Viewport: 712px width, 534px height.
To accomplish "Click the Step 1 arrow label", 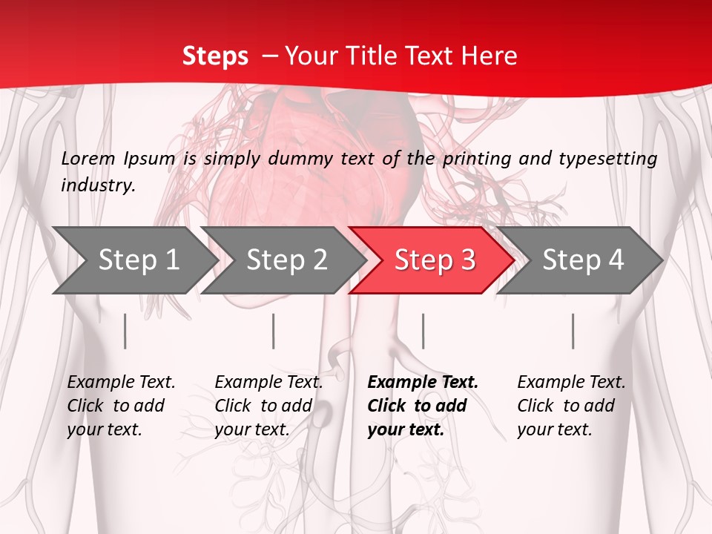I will coord(139,260).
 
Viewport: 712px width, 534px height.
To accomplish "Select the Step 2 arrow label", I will coord(286,260).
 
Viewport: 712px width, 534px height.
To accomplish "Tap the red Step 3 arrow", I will coord(435,260).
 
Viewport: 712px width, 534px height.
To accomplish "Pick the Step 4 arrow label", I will coord(583,260).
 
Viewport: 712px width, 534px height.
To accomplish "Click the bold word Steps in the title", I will coord(215,56).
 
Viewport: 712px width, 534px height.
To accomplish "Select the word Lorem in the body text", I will coord(88,158).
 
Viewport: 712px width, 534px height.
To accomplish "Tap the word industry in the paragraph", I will coord(97,185).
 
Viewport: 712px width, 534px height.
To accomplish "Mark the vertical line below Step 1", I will coord(125,331).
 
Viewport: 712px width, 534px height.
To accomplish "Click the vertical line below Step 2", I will coord(274,331).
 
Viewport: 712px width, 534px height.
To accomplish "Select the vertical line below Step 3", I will coord(423,331).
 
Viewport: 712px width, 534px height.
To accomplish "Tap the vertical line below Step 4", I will coord(573,331).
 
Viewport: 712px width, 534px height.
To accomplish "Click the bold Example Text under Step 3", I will coord(423,382).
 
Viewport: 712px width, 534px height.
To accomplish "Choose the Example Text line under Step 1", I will coord(121,382).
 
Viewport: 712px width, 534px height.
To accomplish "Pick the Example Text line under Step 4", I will coord(571,382).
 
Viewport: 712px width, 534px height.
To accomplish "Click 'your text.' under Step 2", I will coord(252,429).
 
